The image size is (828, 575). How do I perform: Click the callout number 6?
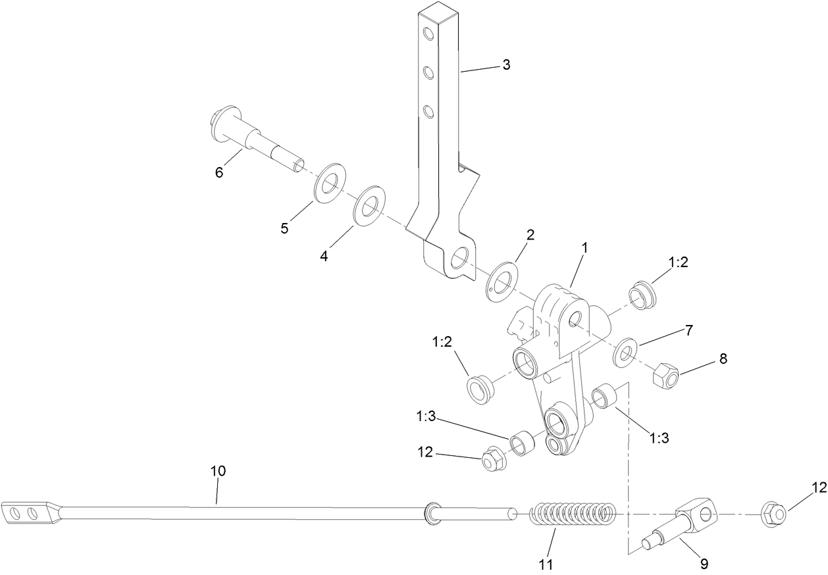pyautogui.click(x=219, y=172)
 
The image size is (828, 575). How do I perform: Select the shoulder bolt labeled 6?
pyautogui.click(x=253, y=137)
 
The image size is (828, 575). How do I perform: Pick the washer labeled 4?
pyautogui.click(x=370, y=205)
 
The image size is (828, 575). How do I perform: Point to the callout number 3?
pyautogui.click(x=506, y=64)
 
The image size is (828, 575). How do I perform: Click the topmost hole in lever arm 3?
pyautogui.click(x=428, y=34)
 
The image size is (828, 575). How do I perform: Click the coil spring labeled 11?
pyautogui.click(x=573, y=514)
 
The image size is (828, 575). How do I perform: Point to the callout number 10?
pyautogui.click(x=218, y=471)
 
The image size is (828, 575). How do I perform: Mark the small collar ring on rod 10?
pyautogui.click(x=432, y=512)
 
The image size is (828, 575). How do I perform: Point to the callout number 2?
pyautogui.click(x=530, y=235)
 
